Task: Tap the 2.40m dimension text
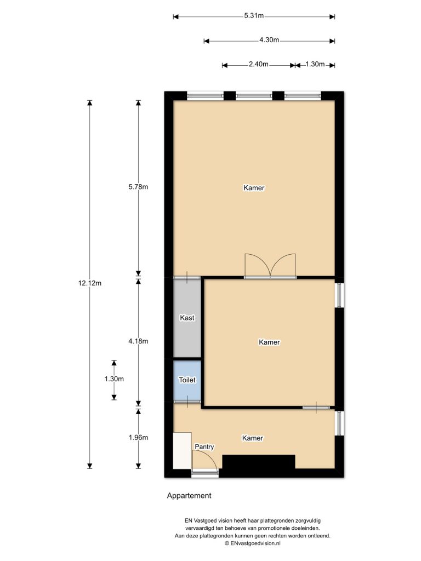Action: coord(258,65)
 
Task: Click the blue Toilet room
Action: coord(187,379)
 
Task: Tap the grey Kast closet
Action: coord(187,318)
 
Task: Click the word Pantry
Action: coord(204,447)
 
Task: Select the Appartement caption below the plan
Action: coord(189,496)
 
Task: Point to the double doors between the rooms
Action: coord(270,266)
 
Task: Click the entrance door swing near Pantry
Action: coord(205,461)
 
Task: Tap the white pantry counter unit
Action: coord(182,450)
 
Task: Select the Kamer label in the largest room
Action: coord(254,188)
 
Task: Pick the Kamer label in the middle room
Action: coord(269,342)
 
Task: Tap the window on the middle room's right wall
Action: coord(339,295)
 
